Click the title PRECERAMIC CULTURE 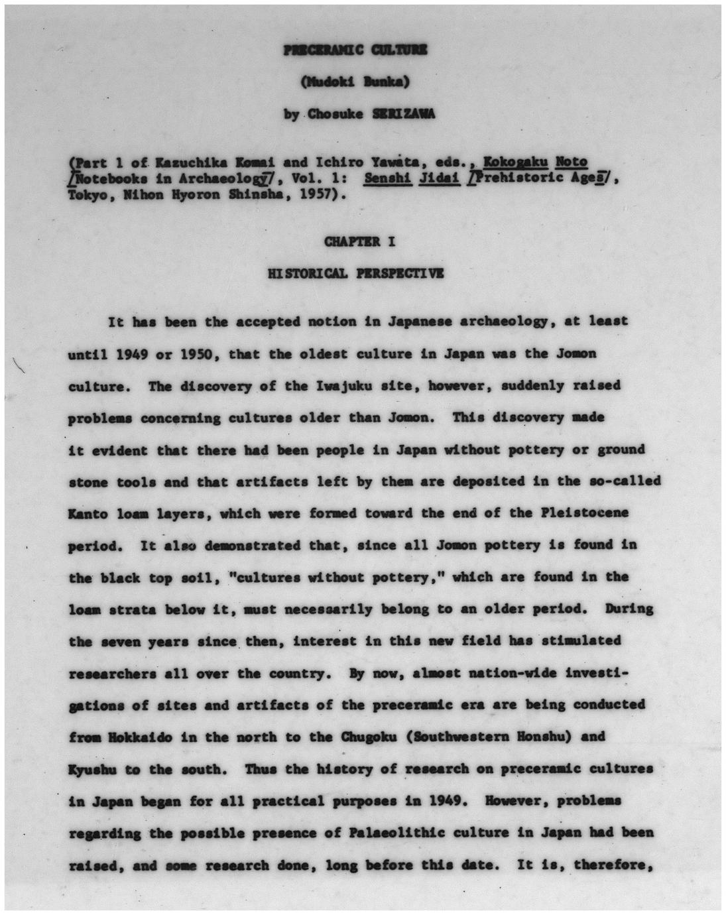coord(355,49)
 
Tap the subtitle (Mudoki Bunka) coord(355,82)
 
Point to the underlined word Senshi coord(385,178)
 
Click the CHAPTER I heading coord(360,241)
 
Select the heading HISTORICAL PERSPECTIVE coord(355,273)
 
